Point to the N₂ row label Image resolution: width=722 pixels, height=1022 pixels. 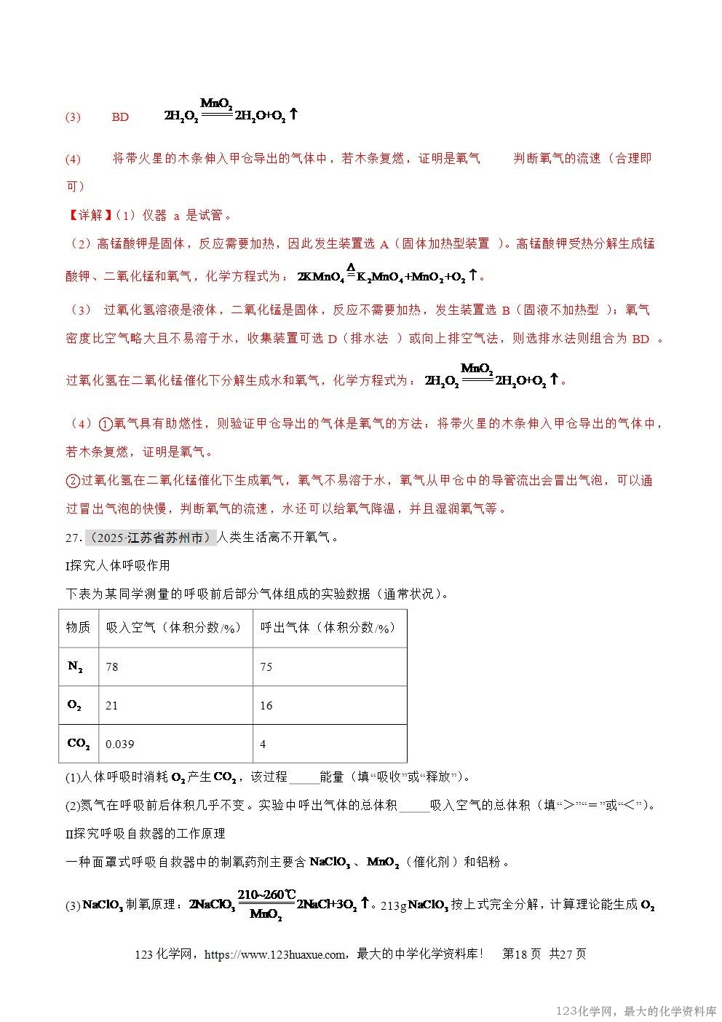pyautogui.click(x=75, y=667)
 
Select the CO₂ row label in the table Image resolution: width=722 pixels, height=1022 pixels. pyautogui.click(x=78, y=744)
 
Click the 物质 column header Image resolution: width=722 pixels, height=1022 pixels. pyautogui.click(x=78, y=627)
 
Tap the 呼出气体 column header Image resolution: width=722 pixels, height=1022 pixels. pyautogui.click(x=328, y=627)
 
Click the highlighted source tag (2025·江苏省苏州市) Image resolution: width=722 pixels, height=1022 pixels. pyautogui.click(x=151, y=538)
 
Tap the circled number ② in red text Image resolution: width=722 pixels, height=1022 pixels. pyautogui.click(x=73, y=481)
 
